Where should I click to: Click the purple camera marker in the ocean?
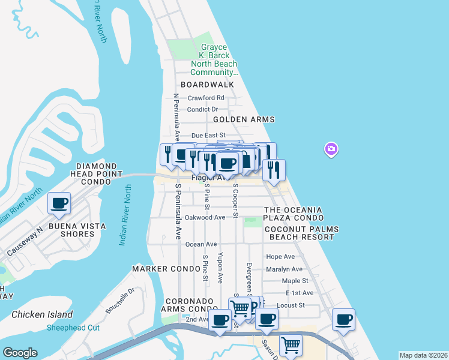tap(331, 149)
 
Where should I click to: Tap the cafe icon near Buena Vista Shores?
tap(59, 203)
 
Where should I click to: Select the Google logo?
tap(20, 352)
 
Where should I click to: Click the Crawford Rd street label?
tap(206, 98)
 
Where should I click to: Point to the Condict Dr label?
tap(202, 109)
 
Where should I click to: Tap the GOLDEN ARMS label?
tap(244, 119)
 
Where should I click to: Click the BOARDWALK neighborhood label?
tap(207, 85)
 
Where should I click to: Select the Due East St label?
tap(208, 136)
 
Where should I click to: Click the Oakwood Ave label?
tap(205, 217)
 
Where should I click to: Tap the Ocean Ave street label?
tap(201, 244)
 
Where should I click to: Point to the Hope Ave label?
tap(280, 257)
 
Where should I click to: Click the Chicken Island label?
tap(42, 314)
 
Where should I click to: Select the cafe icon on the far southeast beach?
tap(343, 320)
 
